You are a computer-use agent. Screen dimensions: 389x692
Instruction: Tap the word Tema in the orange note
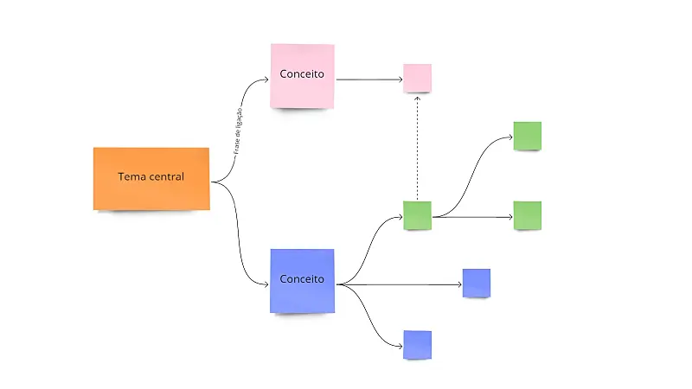click(132, 177)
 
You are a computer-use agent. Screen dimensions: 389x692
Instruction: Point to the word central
click(167, 177)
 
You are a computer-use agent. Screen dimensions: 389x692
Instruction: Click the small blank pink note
click(417, 78)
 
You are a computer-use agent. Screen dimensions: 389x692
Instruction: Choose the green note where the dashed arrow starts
click(417, 215)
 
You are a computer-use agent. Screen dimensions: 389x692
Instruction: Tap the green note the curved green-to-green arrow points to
click(527, 136)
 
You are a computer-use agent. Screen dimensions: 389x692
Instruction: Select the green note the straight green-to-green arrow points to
click(527, 215)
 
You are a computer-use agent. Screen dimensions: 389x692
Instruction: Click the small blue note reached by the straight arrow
click(476, 283)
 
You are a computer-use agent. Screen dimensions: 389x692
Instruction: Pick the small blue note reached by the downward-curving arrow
click(417, 344)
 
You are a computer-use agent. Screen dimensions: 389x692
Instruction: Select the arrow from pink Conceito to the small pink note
click(368, 80)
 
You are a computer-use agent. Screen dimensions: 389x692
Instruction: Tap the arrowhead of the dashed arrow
click(417, 99)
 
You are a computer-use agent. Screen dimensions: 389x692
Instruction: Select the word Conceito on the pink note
click(302, 74)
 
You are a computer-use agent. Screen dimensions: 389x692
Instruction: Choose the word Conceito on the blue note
click(302, 279)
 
